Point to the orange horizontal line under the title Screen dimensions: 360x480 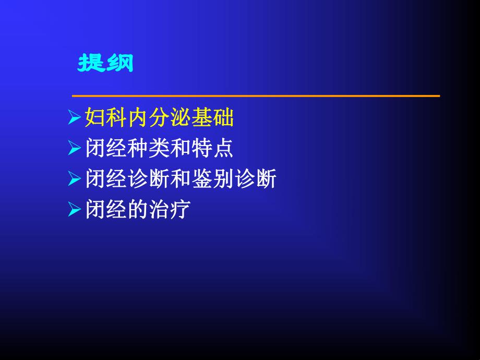tap(256, 96)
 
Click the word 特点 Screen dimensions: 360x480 tap(217, 150)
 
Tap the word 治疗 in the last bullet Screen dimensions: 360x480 tap(170, 211)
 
